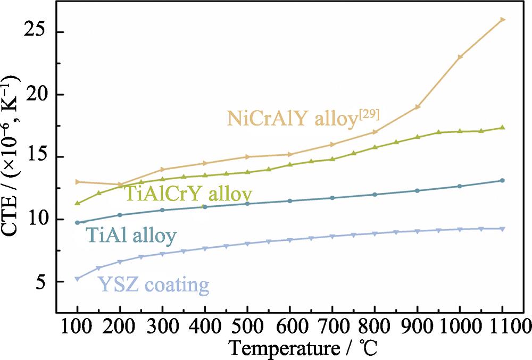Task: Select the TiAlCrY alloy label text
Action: click(188, 193)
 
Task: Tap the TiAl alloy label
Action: click(130, 236)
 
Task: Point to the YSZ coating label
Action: click(153, 285)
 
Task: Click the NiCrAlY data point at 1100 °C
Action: click(502, 20)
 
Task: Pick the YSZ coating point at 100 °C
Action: click(78, 279)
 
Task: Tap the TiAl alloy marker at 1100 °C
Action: click(502, 180)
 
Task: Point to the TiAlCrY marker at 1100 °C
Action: click(502, 128)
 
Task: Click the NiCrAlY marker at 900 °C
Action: click(418, 107)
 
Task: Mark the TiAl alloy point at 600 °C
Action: click(290, 200)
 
